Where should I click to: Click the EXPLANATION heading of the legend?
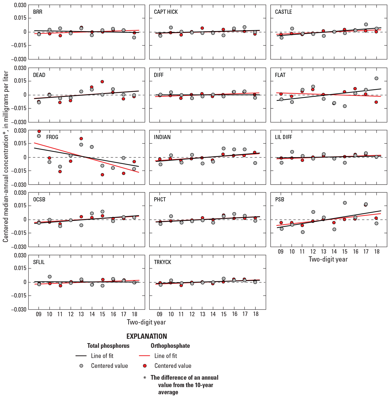point(147,336)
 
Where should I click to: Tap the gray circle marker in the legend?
point(81,366)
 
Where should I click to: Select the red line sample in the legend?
point(144,356)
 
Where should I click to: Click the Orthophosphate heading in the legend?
point(170,346)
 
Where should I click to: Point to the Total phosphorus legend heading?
point(108,346)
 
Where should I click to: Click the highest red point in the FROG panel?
point(39,131)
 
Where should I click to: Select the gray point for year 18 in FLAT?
point(376,79)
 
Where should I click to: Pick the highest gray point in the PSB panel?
point(345,203)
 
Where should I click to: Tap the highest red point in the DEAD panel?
point(102,82)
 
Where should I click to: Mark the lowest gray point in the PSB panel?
point(303,232)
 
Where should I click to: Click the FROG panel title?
point(52,137)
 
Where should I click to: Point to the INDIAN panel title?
point(162,137)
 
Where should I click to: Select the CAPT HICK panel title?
point(166,12)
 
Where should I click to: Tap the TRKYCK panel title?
point(163,262)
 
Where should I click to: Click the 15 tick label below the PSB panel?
point(345,251)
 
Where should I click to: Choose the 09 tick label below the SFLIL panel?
point(39,314)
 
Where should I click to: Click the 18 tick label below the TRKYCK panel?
point(256,314)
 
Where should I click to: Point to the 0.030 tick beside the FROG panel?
point(21,131)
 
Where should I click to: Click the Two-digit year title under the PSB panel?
point(328,259)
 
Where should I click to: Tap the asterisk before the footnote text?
point(145,378)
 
